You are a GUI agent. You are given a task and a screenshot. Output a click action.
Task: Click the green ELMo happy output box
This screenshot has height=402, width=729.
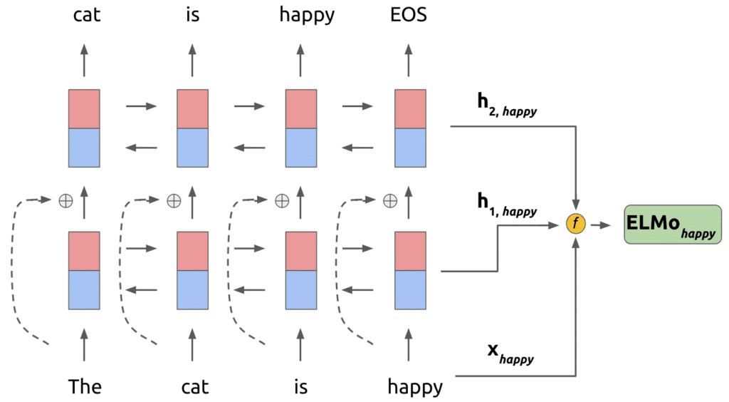[672, 225]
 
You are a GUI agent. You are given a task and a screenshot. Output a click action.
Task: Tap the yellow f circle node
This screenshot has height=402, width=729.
[575, 224]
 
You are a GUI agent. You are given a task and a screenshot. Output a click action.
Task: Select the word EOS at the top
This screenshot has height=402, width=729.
[409, 15]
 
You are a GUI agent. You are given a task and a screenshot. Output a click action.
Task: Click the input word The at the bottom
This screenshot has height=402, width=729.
[85, 386]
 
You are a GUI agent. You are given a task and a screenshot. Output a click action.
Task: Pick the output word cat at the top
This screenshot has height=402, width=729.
[86, 15]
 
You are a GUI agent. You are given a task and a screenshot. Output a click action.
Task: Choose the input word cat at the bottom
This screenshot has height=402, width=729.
[195, 387]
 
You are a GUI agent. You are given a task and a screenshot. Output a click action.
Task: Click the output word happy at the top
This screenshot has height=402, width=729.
[307, 16]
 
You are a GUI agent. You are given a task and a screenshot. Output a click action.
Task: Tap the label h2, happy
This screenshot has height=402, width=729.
[507, 105]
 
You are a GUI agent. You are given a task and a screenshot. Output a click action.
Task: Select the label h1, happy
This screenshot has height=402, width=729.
[507, 205]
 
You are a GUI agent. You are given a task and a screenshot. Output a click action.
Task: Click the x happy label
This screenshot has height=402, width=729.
[510, 354]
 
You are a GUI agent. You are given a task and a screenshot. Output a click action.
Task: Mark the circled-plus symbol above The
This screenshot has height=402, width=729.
[66, 200]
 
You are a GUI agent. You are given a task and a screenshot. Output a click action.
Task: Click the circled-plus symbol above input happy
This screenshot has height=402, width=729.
[390, 200]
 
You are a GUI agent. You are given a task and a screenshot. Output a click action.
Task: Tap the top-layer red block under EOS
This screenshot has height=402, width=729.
[410, 109]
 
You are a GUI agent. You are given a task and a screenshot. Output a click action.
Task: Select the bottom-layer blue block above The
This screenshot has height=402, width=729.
[84, 290]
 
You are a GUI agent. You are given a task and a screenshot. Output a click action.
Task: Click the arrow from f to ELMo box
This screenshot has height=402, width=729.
[601, 225]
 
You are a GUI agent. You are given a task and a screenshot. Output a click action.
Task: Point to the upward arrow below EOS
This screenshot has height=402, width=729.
[409, 60]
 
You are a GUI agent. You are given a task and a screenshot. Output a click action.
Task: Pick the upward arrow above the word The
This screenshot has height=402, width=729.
[84, 345]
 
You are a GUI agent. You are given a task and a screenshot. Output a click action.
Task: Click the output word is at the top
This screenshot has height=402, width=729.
[192, 15]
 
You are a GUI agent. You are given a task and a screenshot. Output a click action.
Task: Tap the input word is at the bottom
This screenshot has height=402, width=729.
[301, 387]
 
